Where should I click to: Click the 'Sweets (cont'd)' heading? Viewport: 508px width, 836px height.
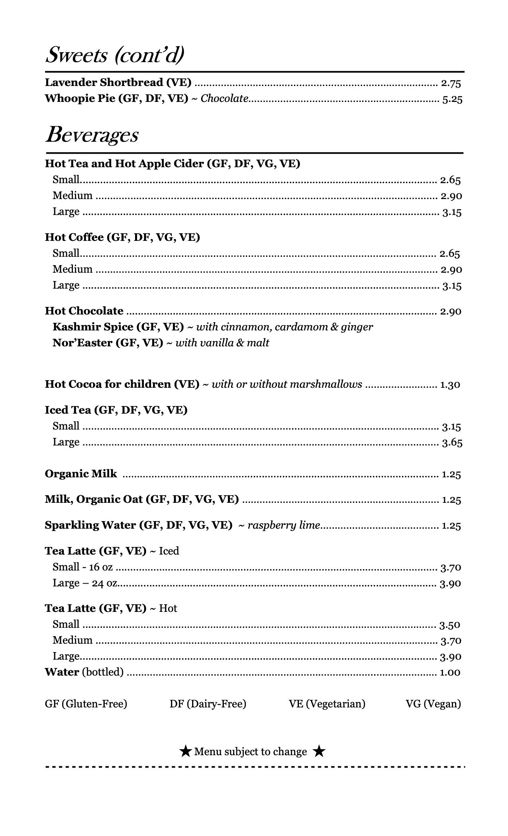(x=115, y=55)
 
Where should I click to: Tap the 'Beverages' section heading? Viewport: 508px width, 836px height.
(x=92, y=135)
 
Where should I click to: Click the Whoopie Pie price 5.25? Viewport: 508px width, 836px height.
(x=452, y=99)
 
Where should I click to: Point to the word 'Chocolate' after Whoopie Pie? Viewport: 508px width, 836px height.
(x=224, y=99)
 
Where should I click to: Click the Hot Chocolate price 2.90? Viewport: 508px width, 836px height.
(x=451, y=311)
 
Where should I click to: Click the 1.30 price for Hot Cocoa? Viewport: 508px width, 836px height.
(x=450, y=385)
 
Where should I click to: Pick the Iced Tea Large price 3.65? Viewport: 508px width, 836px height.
(x=452, y=443)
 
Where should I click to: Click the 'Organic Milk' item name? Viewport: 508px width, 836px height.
(x=81, y=474)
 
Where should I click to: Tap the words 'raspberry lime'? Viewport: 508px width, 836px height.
(x=284, y=525)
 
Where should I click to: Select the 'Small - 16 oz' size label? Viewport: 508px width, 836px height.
(x=82, y=567)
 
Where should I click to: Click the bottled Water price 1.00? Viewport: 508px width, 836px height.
(x=450, y=672)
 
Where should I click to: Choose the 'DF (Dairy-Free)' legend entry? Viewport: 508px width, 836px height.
(x=208, y=704)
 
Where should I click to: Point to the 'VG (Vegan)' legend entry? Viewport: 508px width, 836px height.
(x=433, y=704)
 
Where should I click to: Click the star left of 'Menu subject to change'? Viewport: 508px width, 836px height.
(x=185, y=752)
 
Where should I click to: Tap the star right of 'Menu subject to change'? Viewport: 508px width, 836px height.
(x=319, y=752)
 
